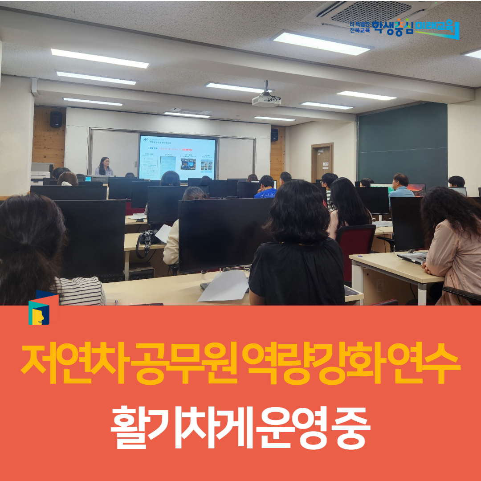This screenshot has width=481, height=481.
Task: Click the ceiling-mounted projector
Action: pyautogui.click(x=266, y=100)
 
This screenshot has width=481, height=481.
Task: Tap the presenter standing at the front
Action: pyautogui.click(x=105, y=167)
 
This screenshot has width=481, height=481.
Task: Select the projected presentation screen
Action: pyautogui.click(x=177, y=158)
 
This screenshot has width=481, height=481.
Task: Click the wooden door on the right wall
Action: pyautogui.click(x=322, y=162)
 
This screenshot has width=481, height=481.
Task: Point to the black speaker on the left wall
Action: pyautogui.click(x=56, y=119)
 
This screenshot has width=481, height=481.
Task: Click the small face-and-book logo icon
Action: pyautogui.click(x=39, y=308)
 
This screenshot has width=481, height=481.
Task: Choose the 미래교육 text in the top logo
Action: pyautogui.click(x=437, y=28)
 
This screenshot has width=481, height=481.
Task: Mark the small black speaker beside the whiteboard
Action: pyautogui.click(x=274, y=135)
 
